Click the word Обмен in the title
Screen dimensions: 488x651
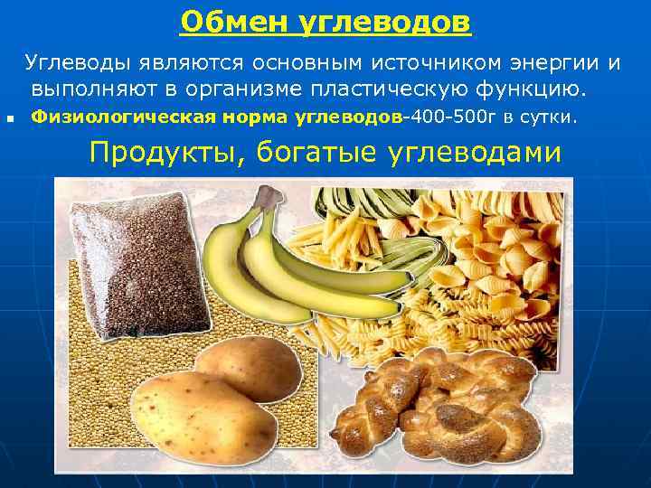coord(225,21)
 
